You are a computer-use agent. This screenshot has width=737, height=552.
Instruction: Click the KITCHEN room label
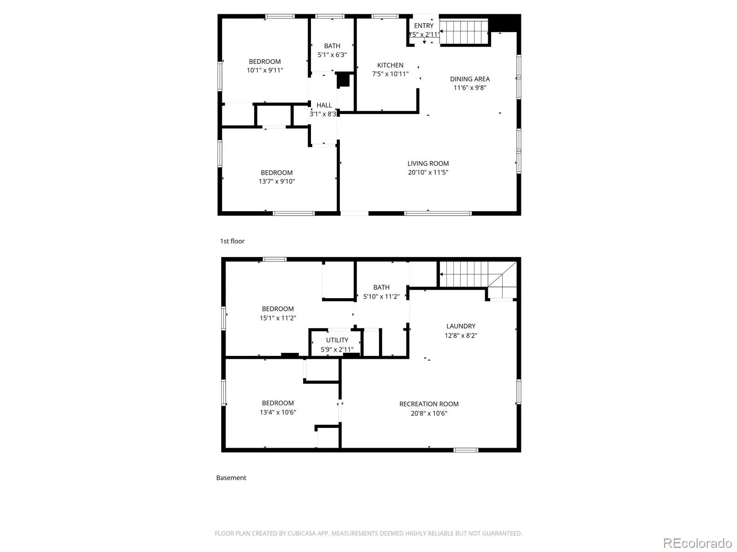[x=390, y=65]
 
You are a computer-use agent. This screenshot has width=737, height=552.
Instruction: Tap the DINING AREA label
[x=470, y=79]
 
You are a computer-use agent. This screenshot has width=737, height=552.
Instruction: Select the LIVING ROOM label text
[x=428, y=164]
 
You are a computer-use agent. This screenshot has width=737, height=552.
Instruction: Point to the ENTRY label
[x=423, y=26]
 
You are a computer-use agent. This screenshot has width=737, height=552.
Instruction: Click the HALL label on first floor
[x=324, y=105]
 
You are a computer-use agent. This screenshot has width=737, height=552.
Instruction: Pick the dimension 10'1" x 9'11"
[x=265, y=70]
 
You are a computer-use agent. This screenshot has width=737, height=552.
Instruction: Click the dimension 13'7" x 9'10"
[x=277, y=181]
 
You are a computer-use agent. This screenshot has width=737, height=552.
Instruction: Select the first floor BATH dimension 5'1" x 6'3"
[x=332, y=55]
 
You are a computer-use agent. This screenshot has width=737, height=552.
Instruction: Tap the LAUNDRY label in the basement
[x=461, y=326]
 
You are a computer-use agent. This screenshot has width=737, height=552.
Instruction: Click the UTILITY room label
[x=337, y=340]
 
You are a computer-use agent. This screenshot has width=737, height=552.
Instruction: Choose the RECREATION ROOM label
[x=429, y=404]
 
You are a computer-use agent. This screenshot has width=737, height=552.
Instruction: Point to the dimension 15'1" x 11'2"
[x=278, y=318]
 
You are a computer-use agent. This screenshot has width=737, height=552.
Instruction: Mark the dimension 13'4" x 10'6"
[x=278, y=412]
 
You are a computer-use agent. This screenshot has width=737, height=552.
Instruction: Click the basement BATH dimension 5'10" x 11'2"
[x=381, y=297]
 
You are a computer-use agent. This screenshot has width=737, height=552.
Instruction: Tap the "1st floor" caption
[x=232, y=241]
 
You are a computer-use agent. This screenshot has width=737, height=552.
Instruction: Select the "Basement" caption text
[x=231, y=478]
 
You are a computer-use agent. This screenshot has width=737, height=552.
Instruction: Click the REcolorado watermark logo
[x=698, y=543]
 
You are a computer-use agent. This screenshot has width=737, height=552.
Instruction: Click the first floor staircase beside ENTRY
[x=464, y=32]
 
